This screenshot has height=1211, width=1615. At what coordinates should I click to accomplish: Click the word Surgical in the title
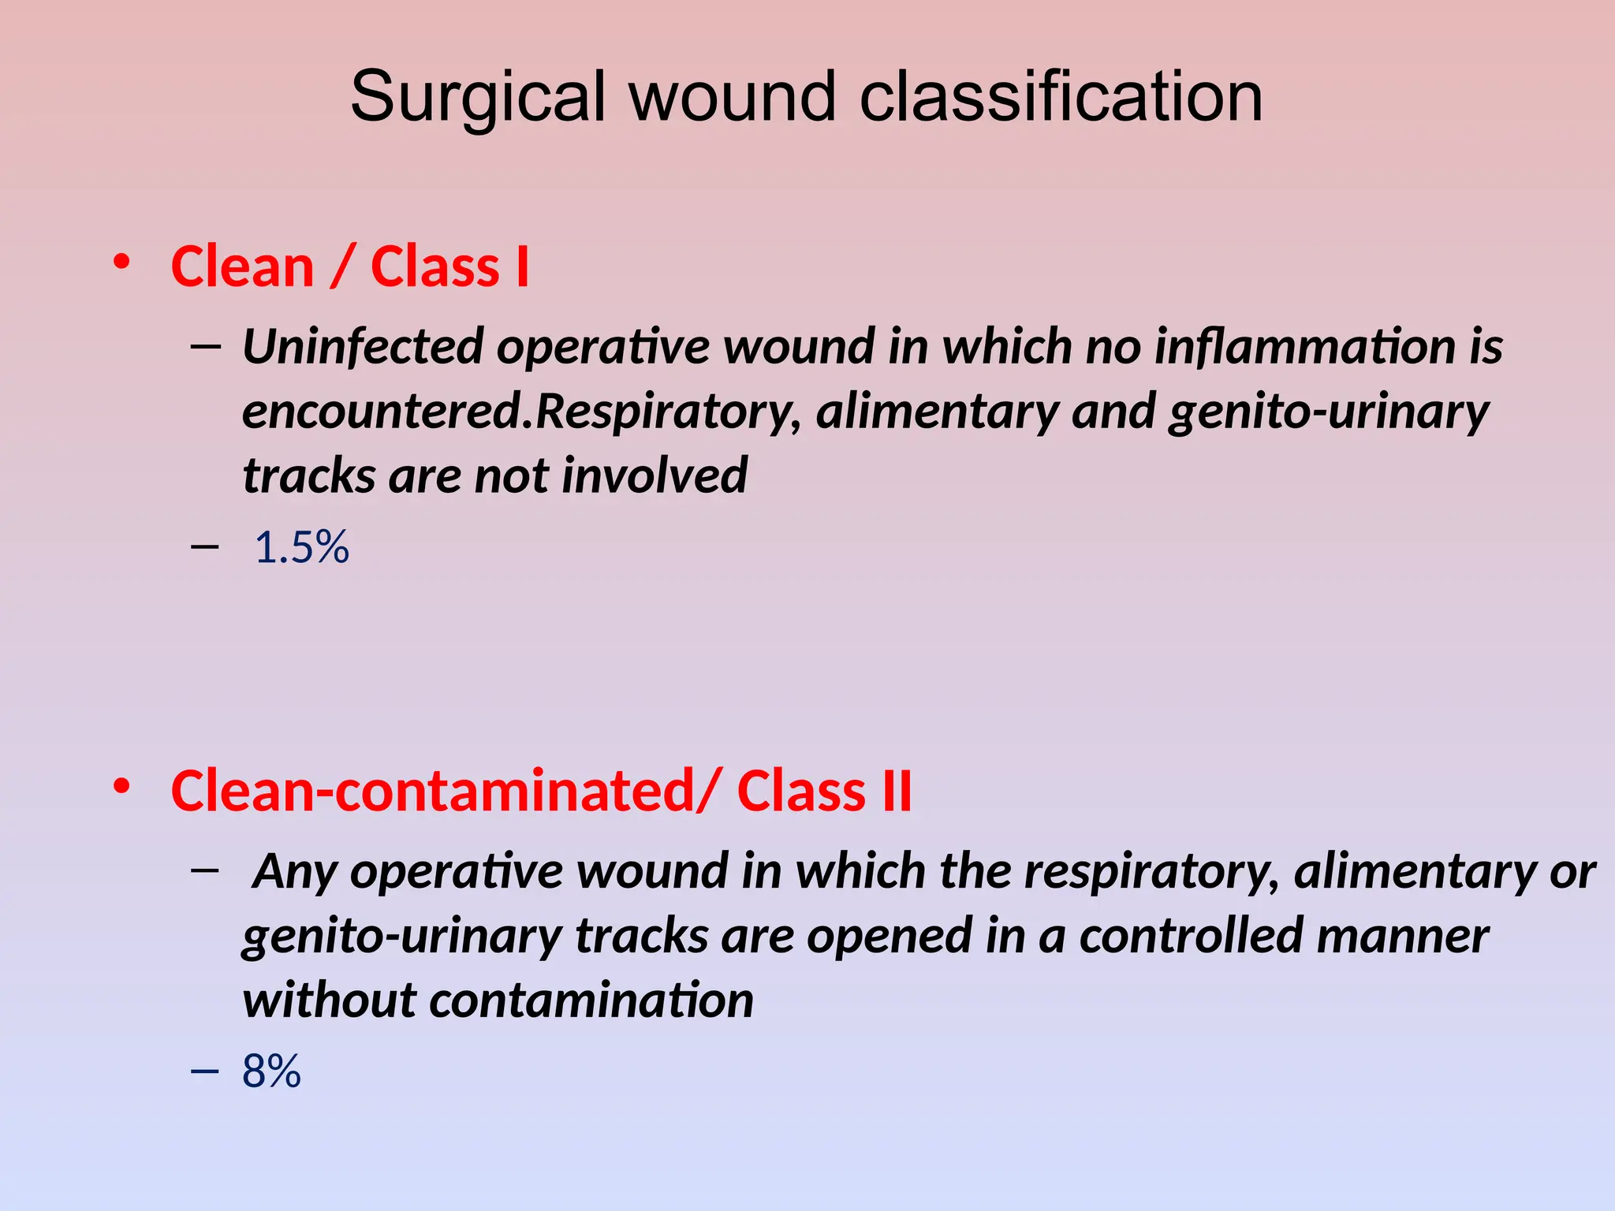pos(478,98)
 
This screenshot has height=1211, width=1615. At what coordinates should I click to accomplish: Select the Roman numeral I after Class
pos(521,266)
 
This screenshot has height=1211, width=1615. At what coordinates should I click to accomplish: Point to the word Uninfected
pos(363,347)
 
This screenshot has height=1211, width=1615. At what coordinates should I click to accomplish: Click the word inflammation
pos(1305,347)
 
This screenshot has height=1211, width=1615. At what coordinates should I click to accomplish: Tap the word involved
pos(655,476)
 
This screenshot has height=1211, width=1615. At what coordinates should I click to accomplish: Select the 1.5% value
pos(302,547)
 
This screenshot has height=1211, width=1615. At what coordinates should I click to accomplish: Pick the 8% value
pos(271,1071)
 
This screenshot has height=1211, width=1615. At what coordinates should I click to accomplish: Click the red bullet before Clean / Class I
pos(121,261)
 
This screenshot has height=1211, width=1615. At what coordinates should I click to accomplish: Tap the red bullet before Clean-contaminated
pos(121,785)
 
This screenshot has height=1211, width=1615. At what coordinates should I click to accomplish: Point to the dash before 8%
pos(205,1070)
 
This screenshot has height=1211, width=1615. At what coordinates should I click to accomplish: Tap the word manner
pos(1403,936)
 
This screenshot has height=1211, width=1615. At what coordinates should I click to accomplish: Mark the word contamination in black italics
pos(591,1000)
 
